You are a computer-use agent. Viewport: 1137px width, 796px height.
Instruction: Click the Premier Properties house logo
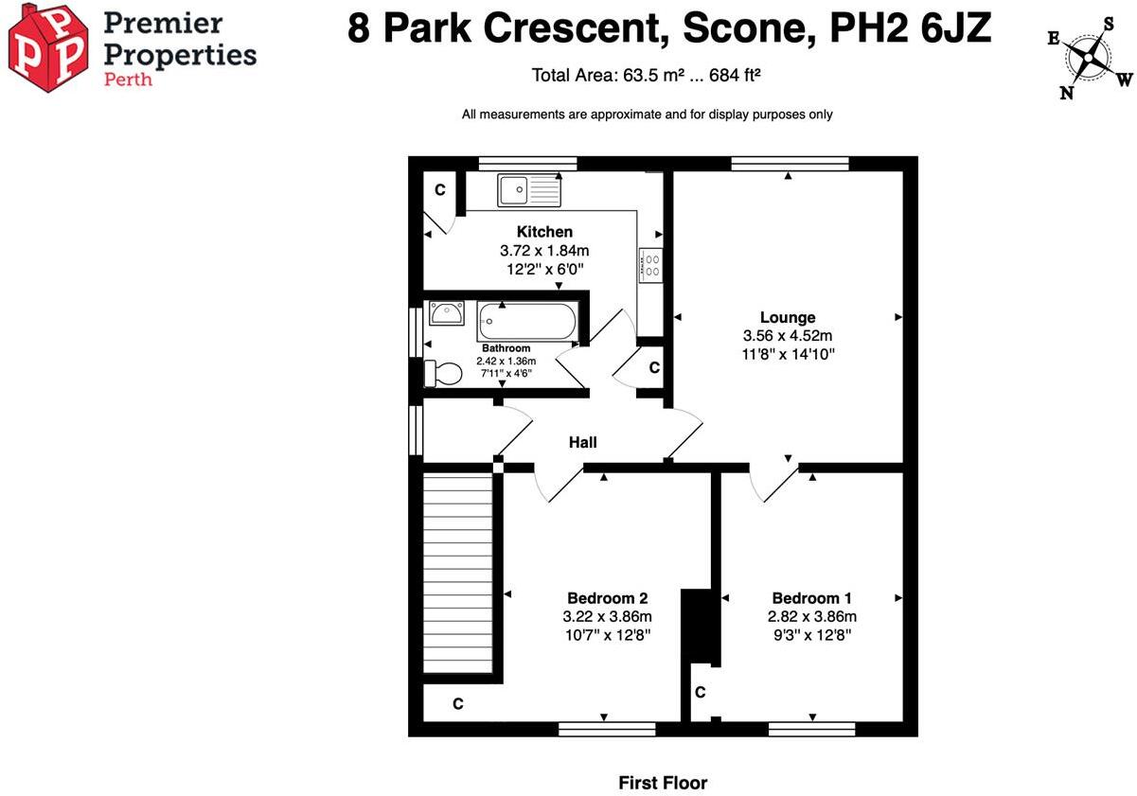click(x=48, y=48)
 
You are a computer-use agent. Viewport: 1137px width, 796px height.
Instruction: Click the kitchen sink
click(x=529, y=189)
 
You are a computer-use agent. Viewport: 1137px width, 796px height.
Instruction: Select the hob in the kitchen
click(x=650, y=265)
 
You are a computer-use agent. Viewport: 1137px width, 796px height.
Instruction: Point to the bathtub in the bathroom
click(x=528, y=321)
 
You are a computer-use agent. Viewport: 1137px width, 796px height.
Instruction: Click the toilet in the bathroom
click(x=443, y=373)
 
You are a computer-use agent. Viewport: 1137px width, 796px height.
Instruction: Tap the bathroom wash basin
click(x=447, y=313)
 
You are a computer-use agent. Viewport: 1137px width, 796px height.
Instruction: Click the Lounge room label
click(x=788, y=318)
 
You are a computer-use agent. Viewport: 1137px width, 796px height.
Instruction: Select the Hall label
click(x=583, y=442)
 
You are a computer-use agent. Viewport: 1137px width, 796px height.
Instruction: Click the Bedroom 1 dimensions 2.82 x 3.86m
click(x=812, y=616)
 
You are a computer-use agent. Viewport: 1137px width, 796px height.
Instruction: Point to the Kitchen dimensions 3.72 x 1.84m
click(x=544, y=251)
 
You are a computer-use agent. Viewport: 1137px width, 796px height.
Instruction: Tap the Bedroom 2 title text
click(x=608, y=598)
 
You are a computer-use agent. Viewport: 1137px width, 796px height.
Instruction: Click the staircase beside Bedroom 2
click(x=458, y=574)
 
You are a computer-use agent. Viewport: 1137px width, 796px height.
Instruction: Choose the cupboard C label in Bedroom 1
click(x=701, y=692)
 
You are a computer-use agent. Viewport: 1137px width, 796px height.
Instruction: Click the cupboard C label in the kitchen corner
click(x=440, y=189)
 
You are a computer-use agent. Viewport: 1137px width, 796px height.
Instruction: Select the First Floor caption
click(x=663, y=783)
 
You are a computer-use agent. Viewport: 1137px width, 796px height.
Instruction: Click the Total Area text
click(x=647, y=76)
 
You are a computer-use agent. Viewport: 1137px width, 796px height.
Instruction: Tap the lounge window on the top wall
click(x=790, y=164)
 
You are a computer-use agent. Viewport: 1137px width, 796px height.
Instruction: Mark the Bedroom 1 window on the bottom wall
click(x=812, y=730)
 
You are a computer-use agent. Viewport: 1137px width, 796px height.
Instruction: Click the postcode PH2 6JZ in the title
click(x=911, y=28)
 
